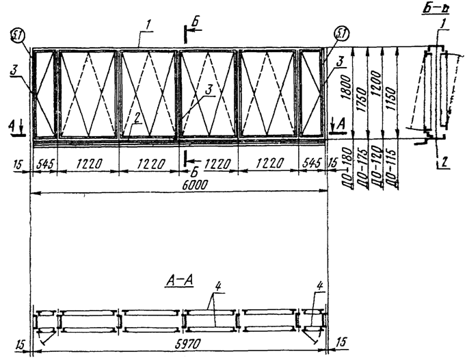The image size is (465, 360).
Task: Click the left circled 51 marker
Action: click(x=19, y=34)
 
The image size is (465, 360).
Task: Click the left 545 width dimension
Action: click(x=43, y=164)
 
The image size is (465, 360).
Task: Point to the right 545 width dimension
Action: click(x=312, y=164)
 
